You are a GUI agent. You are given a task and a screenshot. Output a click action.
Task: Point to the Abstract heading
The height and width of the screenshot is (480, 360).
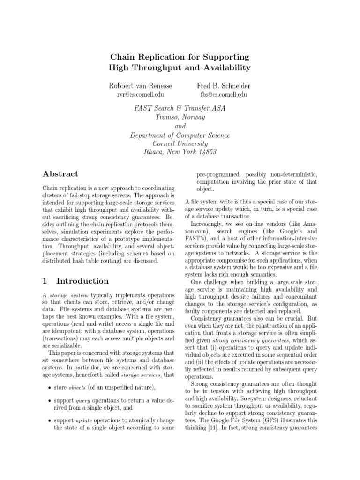(60, 173)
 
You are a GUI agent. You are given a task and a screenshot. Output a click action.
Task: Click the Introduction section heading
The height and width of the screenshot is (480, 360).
(82, 281)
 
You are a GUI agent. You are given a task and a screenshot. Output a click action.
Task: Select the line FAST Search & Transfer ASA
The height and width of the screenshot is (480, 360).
(180, 108)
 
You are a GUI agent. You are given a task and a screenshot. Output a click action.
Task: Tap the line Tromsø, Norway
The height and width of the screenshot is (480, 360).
(180, 117)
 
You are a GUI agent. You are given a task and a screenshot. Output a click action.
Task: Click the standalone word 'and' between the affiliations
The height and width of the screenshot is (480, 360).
(180, 126)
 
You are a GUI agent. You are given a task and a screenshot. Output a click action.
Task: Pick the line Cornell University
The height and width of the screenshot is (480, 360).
(180, 144)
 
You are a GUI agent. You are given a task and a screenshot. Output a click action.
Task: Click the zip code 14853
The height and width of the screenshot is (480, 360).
(207, 153)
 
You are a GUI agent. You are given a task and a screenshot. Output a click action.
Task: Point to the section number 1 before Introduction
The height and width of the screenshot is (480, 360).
(45, 281)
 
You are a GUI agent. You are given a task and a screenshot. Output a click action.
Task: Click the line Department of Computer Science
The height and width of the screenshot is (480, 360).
(180, 135)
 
